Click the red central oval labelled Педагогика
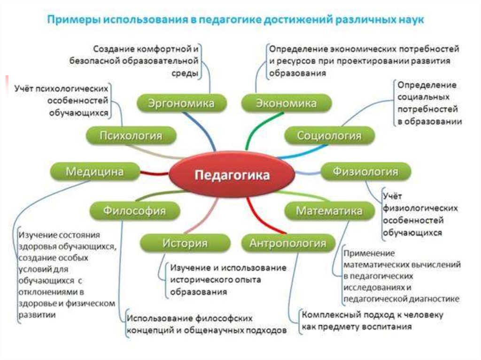pyautogui.click(x=232, y=176)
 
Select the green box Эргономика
pyautogui.click(x=181, y=103)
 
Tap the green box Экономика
pyautogui.click(x=286, y=103)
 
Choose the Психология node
pyautogui.click(x=131, y=136)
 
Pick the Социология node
pyautogui.click(x=329, y=136)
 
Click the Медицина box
pyautogui.click(x=94, y=171)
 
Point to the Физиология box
pyautogui.click(x=365, y=171)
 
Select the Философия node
pyautogui.click(x=134, y=211)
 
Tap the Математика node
pyautogui.click(x=329, y=211)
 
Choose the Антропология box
pyautogui.click(x=287, y=243)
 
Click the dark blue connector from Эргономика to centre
pyautogui.click(x=197, y=129)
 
